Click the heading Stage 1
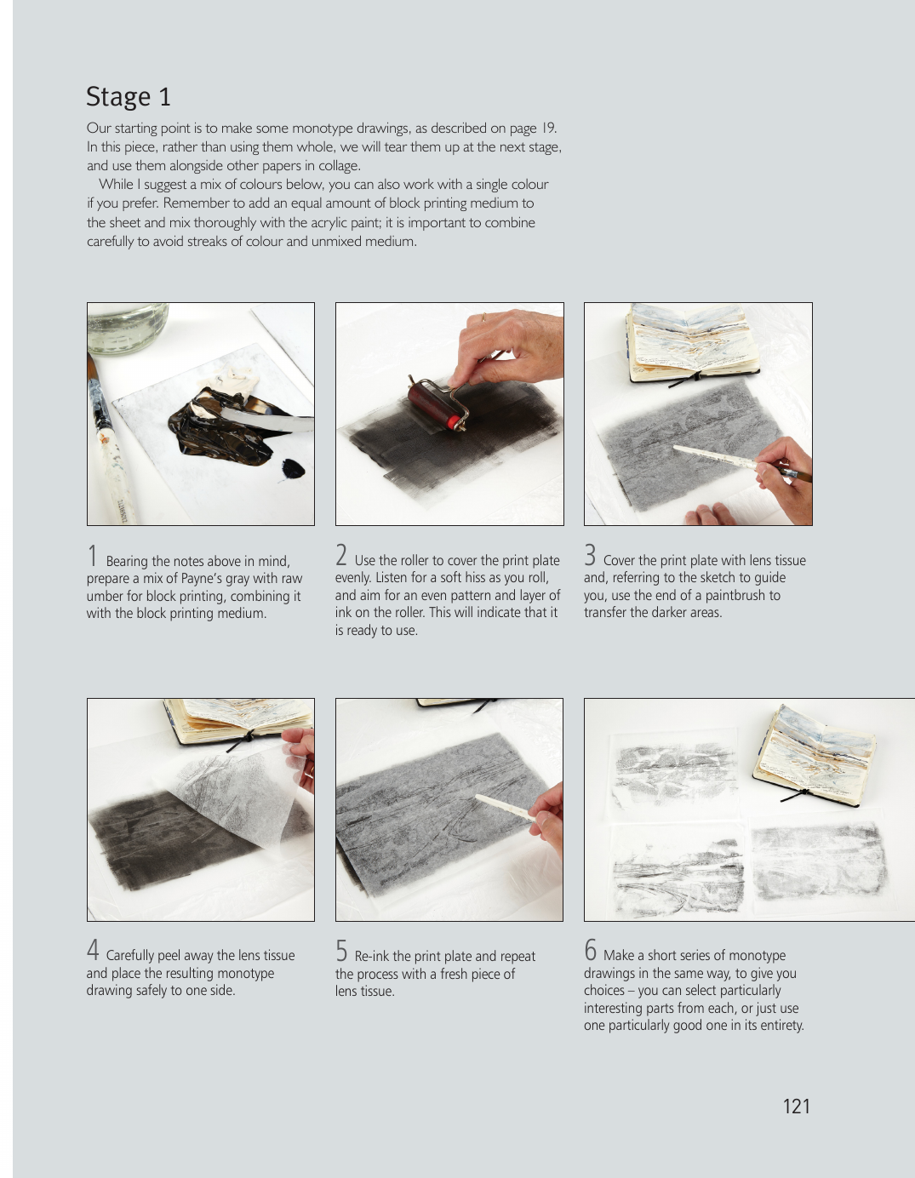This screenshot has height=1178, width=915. point(129,96)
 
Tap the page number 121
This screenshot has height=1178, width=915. point(797,1107)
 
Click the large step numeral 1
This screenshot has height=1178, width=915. point(93,556)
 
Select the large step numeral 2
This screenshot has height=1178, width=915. point(341,555)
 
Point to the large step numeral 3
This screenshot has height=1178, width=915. point(590,555)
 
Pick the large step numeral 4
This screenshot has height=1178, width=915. point(93,950)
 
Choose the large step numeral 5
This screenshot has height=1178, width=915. point(341,950)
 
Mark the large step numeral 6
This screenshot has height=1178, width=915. point(590,950)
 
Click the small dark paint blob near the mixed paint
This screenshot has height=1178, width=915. point(293,468)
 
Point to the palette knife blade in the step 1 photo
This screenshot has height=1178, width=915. point(266,418)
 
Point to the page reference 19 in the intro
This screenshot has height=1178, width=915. point(548,128)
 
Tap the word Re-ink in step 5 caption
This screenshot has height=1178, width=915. point(372,957)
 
